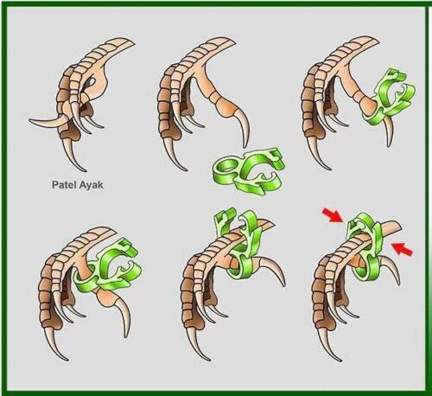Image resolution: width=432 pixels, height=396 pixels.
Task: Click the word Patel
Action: [62, 184]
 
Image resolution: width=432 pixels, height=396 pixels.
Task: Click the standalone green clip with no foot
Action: [248, 170]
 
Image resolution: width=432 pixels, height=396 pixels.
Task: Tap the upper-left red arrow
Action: [333, 215]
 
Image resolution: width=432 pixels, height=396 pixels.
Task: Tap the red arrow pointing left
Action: [403, 248]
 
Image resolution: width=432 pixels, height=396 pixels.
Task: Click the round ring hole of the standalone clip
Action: [226, 167]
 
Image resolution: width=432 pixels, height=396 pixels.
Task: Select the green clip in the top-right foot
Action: [388, 98]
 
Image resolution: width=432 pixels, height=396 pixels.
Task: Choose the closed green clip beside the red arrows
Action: [364, 249]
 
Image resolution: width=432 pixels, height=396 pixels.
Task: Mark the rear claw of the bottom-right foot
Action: [391, 270]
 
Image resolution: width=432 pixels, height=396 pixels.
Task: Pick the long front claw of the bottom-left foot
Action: [56, 344]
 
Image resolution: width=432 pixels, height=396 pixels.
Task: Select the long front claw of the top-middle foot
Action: [175, 155]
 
